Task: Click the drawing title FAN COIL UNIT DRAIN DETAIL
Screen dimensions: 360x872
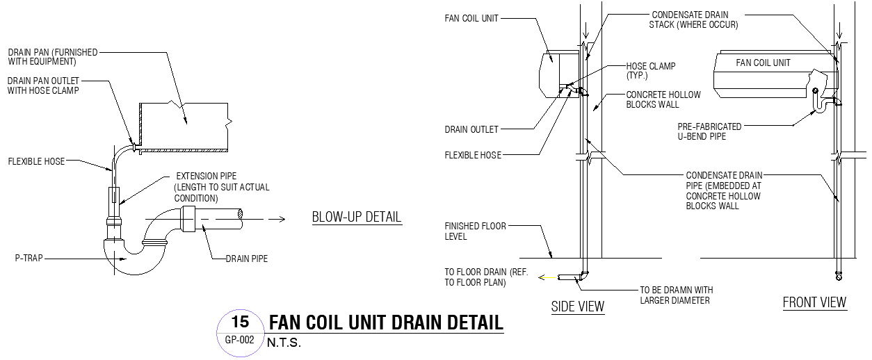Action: tap(385, 323)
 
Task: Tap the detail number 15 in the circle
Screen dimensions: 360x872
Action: tap(240, 322)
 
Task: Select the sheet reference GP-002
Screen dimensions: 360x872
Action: tap(240, 341)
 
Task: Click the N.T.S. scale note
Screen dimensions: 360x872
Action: tap(284, 343)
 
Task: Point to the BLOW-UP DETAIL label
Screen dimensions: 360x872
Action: tap(357, 217)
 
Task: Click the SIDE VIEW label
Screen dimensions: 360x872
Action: tap(577, 306)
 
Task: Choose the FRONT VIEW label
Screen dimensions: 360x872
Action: tap(814, 302)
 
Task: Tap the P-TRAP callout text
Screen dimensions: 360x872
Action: tap(31, 256)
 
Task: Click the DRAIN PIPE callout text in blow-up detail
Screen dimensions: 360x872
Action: tap(246, 259)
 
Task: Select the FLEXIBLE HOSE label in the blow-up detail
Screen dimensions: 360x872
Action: tap(36, 161)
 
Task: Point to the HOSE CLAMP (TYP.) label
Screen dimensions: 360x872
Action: tap(650, 70)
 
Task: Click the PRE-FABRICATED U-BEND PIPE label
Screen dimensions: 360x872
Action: tap(710, 131)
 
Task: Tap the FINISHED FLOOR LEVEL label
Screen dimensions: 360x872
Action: tap(476, 231)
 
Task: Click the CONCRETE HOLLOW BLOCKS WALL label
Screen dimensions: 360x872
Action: tap(663, 99)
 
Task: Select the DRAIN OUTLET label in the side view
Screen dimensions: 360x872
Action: tap(471, 129)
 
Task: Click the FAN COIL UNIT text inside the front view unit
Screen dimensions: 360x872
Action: tap(764, 63)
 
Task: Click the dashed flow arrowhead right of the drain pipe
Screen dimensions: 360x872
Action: tap(281, 220)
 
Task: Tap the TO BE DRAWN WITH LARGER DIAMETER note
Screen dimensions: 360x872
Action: tap(676, 295)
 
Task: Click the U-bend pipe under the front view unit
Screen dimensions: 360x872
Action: tap(821, 105)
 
